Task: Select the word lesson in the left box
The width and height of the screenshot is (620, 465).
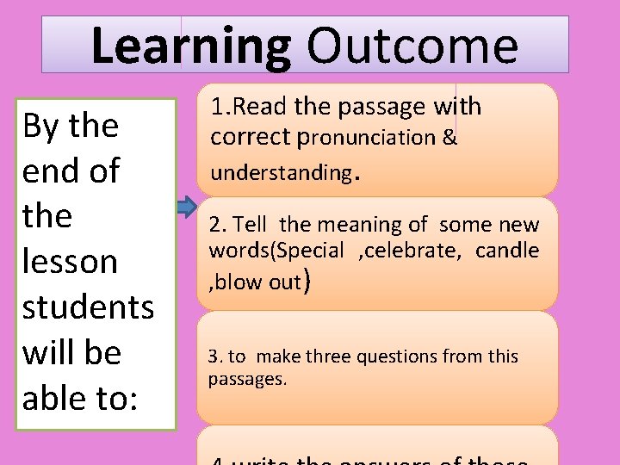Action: click(x=70, y=261)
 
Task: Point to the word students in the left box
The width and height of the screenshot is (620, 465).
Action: click(x=88, y=307)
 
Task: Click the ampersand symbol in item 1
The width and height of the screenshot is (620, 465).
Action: click(x=449, y=138)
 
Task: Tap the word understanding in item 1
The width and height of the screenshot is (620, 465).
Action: click(x=281, y=172)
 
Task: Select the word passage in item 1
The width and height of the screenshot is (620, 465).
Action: click(x=382, y=108)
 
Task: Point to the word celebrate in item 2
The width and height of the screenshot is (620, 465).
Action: click(x=421, y=251)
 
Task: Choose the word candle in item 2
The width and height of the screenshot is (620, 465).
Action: click(x=507, y=251)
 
